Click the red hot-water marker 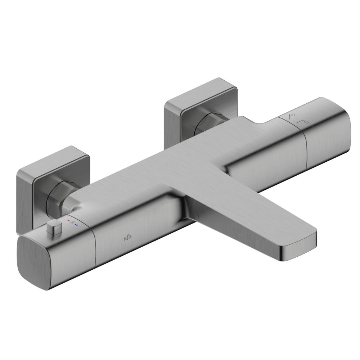click(69, 219)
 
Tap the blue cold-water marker click(76, 225)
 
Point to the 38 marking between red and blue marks click(73, 222)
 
